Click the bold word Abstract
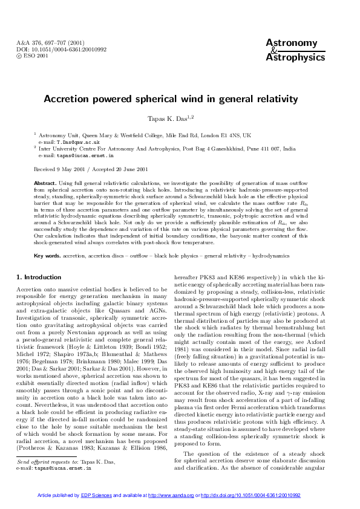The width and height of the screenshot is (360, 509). click(x=45, y=182)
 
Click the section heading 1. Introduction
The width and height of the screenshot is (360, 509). click(x=39, y=277)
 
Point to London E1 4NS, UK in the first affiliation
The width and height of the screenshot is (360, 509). click(x=223, y=136)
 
